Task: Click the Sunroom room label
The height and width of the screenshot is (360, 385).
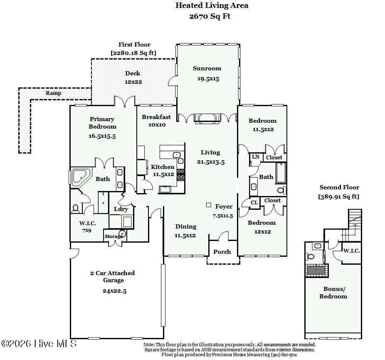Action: [x=207, y=68]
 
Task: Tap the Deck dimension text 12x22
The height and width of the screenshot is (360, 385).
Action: [x=133, y=82]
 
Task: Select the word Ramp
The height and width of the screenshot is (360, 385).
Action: [x=53, y=93]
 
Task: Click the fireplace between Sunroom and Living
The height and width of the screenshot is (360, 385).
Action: [x=207, y=117]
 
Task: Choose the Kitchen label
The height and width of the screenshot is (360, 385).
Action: [x=163, y=167]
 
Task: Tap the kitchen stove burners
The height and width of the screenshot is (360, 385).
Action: [x=181, y=174]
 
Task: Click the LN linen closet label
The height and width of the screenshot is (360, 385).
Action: [x=255, y=157]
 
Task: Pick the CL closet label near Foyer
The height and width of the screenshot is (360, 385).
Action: [x=254, y=203]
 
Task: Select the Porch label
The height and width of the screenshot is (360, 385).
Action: [x=222, y=252]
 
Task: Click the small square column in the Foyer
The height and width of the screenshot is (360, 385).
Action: [x=209, y=205]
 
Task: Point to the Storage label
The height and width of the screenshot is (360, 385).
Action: [x=114, y=236]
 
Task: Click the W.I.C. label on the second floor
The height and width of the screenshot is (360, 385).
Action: [x=351, y=251]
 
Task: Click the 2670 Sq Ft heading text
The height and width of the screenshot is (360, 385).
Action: [x=210, y=17]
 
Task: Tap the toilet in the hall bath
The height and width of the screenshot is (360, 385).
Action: [x=282, y=190]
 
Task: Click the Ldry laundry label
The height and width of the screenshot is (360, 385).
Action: [x=121, y=209]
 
